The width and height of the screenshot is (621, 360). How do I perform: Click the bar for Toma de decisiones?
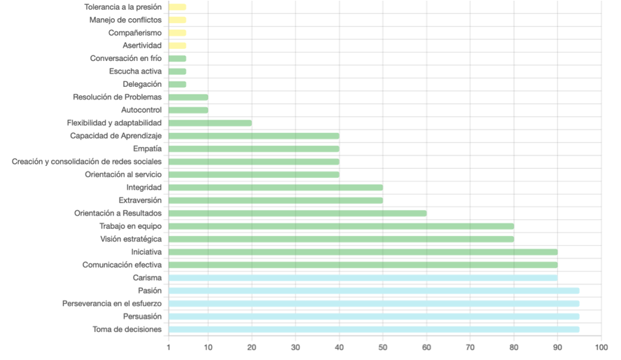374,329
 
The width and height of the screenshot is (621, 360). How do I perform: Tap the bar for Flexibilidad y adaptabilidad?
210,123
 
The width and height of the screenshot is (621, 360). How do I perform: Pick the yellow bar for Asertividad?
177,46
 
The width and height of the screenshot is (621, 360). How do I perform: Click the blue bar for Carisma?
363,277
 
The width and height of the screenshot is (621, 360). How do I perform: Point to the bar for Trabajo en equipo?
341,226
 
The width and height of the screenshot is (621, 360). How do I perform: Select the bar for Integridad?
276,188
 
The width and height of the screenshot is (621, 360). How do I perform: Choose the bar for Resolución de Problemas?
188,97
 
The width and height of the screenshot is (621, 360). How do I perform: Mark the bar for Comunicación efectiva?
363,265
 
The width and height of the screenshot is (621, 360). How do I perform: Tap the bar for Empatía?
254,148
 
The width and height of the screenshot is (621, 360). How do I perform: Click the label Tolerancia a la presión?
123,7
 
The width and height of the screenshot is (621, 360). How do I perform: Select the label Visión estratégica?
131,239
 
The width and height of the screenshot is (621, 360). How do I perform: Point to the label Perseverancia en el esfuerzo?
112,303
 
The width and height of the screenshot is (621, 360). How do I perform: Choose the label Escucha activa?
135,71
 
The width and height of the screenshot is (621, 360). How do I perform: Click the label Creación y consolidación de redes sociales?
87,162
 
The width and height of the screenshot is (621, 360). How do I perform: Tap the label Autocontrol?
141,110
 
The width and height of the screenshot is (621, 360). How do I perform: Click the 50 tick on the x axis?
384,347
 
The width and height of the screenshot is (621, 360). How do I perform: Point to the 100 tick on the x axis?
601,347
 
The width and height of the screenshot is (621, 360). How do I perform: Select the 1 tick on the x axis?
169,347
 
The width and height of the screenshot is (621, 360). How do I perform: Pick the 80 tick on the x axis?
514,347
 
